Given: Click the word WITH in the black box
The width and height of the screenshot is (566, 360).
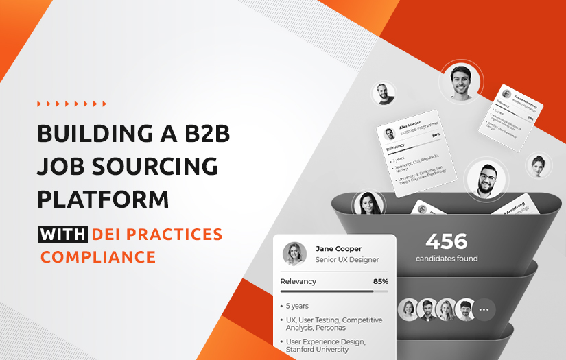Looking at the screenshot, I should pos(62,235).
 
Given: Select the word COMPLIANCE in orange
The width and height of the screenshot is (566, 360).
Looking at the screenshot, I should pos(98,257).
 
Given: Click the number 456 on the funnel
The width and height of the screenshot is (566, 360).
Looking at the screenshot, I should pos(446,241).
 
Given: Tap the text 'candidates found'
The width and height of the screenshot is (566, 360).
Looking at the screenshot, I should pos(447,259).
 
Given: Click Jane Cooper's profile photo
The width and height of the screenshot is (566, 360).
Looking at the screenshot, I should pos(294,254).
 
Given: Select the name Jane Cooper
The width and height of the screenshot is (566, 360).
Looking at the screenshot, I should pos(338,248).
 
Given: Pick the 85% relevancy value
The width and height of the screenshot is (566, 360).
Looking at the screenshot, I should pos(380,281).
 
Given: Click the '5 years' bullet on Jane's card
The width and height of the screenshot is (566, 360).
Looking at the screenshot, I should pos(298,306).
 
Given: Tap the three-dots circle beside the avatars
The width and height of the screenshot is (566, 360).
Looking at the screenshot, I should pos(484,309).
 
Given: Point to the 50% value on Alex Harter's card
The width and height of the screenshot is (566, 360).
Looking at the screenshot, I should pos(436,135).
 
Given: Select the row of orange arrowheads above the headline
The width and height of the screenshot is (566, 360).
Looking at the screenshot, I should pos(71,104).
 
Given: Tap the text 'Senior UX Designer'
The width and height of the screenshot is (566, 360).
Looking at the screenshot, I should pos(346,260).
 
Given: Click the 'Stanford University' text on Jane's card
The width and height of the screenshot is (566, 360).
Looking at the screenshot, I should pos(317,350).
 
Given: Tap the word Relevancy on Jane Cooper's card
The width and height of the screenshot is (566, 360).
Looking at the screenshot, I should pos(298,281).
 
